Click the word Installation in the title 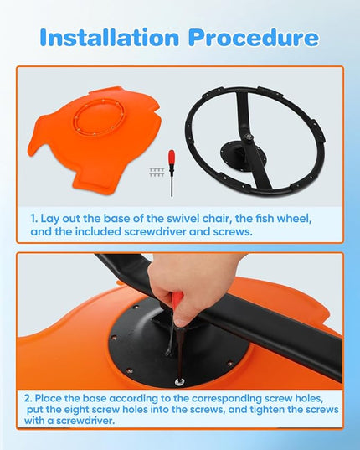(x=110, y=38)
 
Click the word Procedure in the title (x=254, y=38)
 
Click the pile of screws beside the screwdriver (x=157, y=172)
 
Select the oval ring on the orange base (x=99, y=117)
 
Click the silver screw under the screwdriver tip (x=180, y=381)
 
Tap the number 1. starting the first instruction (x=34, y=219)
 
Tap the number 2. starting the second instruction (x=28, y=398)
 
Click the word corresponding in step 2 (x=226, y=399)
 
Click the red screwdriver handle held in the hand (x=176, y=302)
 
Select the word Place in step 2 (x=49, y=398)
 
